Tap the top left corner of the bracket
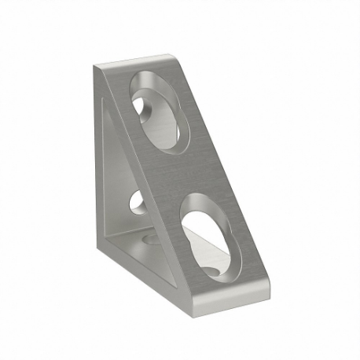tap(94, 69)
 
